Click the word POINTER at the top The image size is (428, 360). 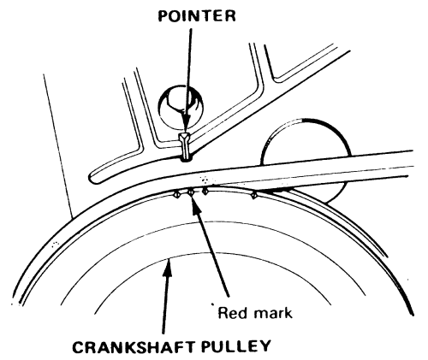(197, 15)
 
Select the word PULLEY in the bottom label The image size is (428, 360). (236, 345)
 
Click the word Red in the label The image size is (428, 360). (230, 313)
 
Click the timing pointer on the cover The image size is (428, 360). (186, 147)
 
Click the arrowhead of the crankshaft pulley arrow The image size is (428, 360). (168, 267)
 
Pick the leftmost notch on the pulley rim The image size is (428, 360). (177, 195)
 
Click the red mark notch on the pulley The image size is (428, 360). (191, 193)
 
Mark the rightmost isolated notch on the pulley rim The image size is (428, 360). (253, 195)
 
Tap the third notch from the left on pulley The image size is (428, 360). (205, 192)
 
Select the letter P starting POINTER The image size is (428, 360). (164, 16)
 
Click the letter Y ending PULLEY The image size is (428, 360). (265, 345)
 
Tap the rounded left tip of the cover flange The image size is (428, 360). (92, 177)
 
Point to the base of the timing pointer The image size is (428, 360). (186, 159)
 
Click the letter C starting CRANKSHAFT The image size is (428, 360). (79, 346)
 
